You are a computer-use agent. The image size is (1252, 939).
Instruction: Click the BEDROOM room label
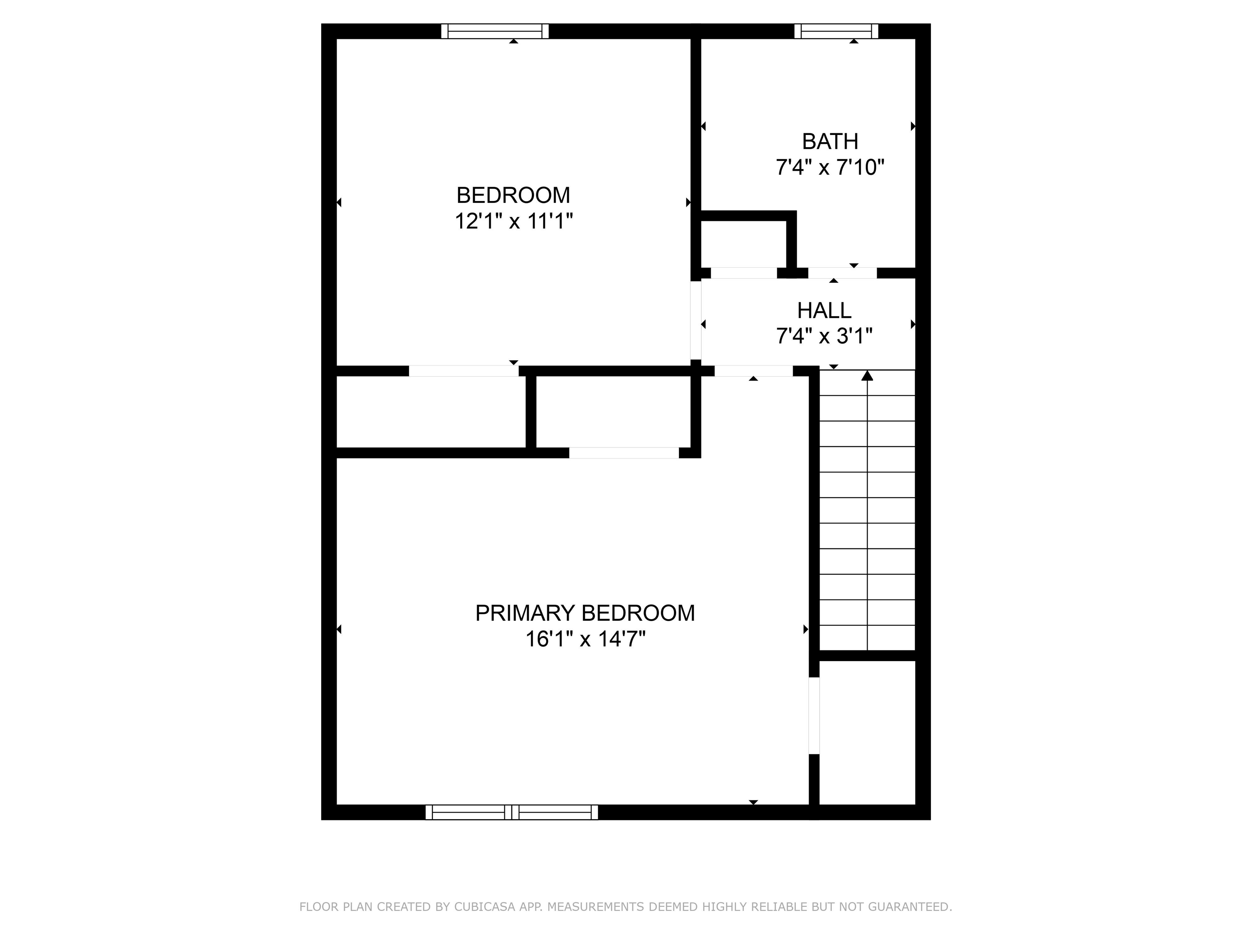click(514, 195)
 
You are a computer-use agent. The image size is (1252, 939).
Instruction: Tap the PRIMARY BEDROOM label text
click(585, 613)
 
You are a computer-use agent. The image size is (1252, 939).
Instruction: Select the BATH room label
click(830, 141)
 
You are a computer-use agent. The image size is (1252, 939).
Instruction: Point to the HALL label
click(824, 310)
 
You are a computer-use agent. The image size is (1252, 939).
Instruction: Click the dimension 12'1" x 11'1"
click(514, 221)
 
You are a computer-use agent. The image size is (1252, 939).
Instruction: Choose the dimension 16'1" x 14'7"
click(585, 639)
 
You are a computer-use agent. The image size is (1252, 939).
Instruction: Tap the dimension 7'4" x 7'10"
click(830, 168)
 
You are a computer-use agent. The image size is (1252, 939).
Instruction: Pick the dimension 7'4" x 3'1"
click(824, 337)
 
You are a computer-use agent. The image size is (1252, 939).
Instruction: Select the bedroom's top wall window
click(495, 31)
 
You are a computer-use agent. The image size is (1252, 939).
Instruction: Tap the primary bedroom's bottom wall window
click(511, 812)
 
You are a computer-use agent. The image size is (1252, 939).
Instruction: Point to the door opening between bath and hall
click(842, 273)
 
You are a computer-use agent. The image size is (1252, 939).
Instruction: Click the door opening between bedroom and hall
click(696, 320)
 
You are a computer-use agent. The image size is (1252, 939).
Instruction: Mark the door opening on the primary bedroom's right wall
click(814, 715)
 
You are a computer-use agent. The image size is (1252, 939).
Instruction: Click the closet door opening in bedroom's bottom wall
click(463, 371)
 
